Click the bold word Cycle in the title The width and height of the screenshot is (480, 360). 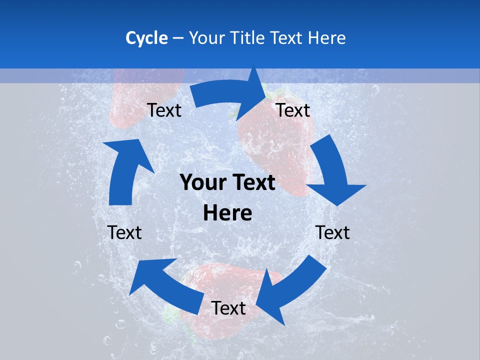[x=146, y=38]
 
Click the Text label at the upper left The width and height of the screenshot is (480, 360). [x=164, y=110]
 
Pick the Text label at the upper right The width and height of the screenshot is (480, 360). [x=293, y=110]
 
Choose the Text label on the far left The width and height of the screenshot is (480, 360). [x=124, y=232]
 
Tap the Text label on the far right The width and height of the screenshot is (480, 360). [x=333, y=232]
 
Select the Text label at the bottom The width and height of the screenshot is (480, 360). [x=228, y=308]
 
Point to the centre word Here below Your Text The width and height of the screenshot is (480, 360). [x=227, y=213]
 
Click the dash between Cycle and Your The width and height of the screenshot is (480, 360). [x=178, y=38]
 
